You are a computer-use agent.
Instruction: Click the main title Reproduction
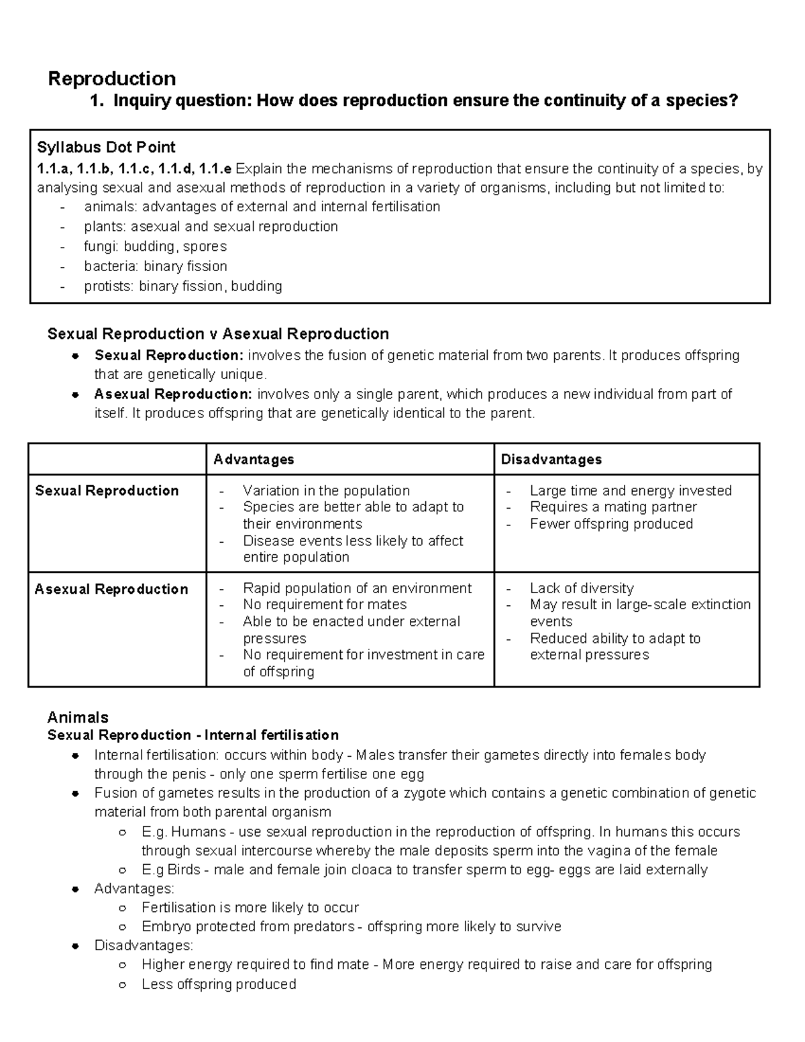pyautogui.click(x=111, y=79)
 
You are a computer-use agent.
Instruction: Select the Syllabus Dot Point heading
pyautogui.click(x=106, y=147)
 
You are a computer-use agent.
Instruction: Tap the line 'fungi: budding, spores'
pyautogui.click(x=155, y=246)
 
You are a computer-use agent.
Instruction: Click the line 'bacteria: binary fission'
pyautogui.click(x=156, y=266)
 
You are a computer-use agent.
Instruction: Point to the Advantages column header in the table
pyautogui.click(x=254, y=460)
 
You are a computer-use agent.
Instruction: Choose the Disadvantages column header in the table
pyautogui.click(x=551, y=460)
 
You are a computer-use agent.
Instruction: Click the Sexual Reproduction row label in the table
pyautogui.click(x=107, y=490)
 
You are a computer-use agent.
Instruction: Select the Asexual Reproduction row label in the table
pyautogui.click(x=111, y=589)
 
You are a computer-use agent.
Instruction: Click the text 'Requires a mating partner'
pyautogui.click(x=613, y=507)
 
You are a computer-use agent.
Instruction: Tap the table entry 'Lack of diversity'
pyautogui.click(x=582, y=588)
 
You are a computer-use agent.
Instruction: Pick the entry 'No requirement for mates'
pyautogui.click(x=325, y=605)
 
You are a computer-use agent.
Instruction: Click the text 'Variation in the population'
pyautogui.click(x=326, y=490)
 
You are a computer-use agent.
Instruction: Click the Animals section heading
pyautogui.click(x=78, y=717)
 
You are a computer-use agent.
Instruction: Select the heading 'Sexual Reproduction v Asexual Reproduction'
pyautogui.click(x=218, y=334)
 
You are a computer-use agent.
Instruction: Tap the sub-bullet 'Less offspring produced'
pyautogui.click(x=219, y=984)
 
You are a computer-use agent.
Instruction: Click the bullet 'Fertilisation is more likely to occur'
pyautogui.click(x=250, y=908)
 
